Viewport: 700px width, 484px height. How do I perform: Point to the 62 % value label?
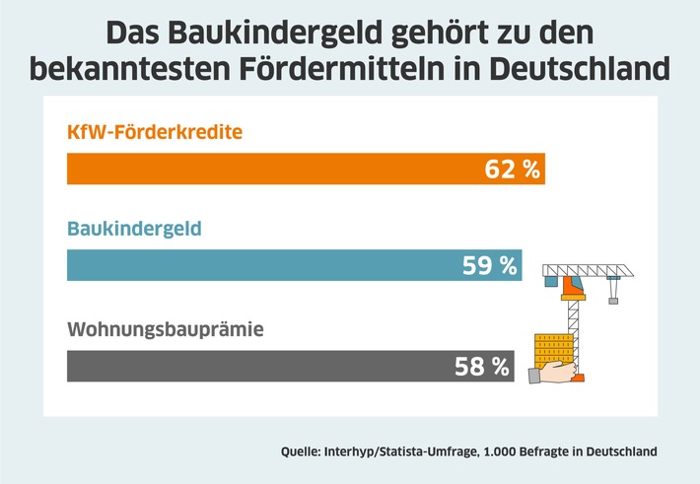click(x=513, y=169)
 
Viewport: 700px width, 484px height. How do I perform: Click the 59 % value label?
click(x=489, y=265)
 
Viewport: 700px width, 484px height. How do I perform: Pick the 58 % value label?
click(x=482, y=368)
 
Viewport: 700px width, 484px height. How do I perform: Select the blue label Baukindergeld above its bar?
click(x=134, y=229)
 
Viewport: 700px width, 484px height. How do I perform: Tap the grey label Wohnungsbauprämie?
click(x=166, y=329)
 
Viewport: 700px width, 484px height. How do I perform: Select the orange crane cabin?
click(x=572, y=286)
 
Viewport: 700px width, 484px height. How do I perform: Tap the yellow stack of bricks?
click(x=554, y=349)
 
